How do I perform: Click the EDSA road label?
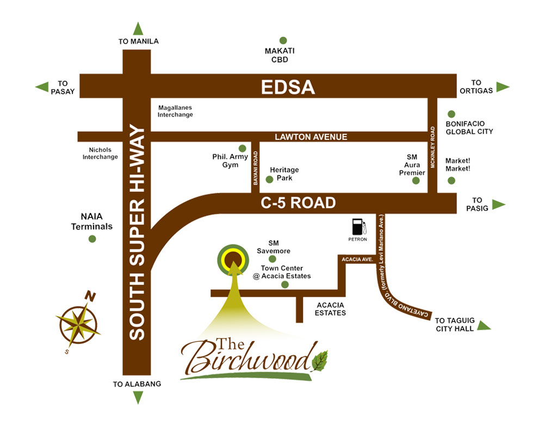[x=288, y=87]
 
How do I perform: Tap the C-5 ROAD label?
[x=298, y=203]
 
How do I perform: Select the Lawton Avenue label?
[x=311, y=137]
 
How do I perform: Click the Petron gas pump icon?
[x=359, y=227]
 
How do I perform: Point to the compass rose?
[x=78, y=324]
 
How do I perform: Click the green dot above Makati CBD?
[x=283, y=40]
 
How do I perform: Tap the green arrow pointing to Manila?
[x=138, y=29]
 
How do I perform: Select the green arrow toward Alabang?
[x=138, y=397]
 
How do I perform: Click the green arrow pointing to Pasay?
[x=42, y=87]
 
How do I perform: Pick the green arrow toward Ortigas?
[x=503, y=87]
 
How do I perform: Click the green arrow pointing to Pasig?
[x=499, y=204]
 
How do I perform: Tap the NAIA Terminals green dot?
[x=92, y=239]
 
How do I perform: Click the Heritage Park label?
[x=284, y=174]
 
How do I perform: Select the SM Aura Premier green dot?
[x=416, y=181]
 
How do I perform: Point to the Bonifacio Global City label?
[x=469, y=127]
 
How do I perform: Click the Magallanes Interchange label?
[x=175, y=111]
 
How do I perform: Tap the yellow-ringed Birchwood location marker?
[x=233, y=260]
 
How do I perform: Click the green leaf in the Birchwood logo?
[x=320, y=361]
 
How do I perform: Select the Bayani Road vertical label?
[x=256, y=168]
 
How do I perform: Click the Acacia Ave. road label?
[x=357, y=260]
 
